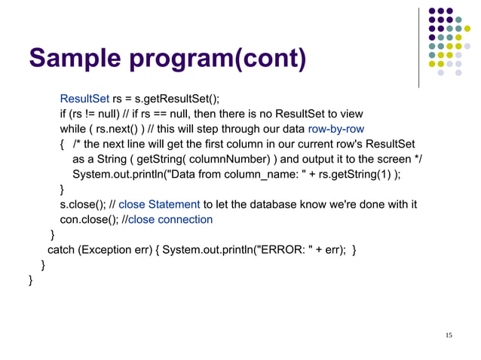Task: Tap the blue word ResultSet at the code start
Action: pyautogui.click(x=84, y=99)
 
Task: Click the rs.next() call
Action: pyautogui.click(x=119, y=129)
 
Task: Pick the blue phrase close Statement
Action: pyautogui.click(x=160, y=205)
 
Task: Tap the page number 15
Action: pyautogui.click(x=449, y=334)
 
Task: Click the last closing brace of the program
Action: pyautogui.click(x=30, y=281)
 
